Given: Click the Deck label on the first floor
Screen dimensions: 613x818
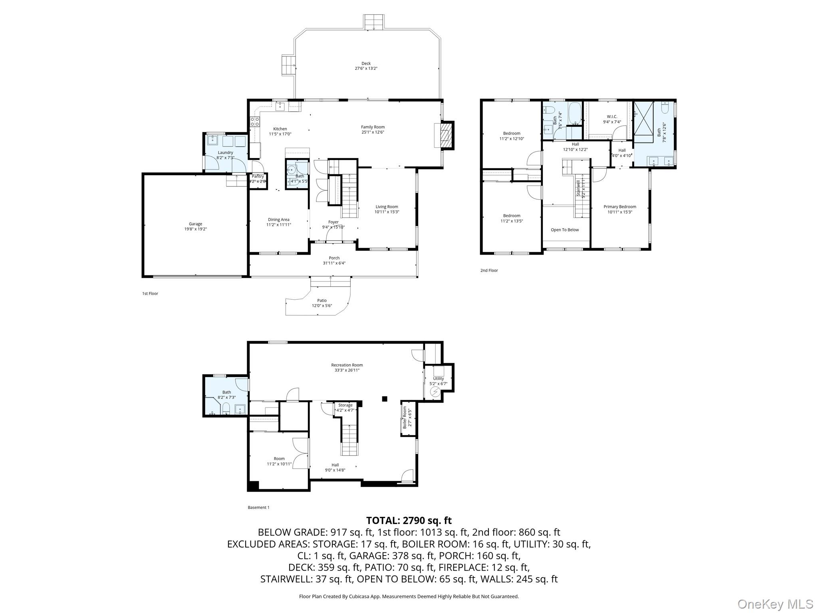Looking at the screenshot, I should [x=366, y=63].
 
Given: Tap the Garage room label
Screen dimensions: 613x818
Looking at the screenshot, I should [x=195, y=224].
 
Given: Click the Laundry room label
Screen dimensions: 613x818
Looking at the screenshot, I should [x=225, y=152].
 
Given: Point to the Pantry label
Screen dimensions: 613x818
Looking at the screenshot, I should [x=258, y=176].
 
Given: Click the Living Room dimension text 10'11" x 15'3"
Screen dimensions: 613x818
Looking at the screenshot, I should [x=387, y=212].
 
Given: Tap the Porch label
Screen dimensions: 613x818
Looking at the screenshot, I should [x=334, y=258].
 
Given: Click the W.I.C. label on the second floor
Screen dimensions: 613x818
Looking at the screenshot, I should [x=612, y=117].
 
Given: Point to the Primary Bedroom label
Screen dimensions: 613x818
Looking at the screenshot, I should [x=619, y=207].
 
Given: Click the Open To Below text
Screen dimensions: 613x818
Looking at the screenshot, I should [x=564, y=230].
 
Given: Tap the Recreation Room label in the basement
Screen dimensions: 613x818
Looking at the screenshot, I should [x=347, y=365].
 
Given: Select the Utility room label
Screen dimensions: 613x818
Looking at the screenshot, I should [x=438, y=378].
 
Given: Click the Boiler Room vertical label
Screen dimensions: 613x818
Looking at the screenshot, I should [x=405, y=417].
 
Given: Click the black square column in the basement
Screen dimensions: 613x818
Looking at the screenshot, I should [x=385, y=398].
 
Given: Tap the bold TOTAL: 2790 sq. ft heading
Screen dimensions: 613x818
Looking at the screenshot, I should [x=409, y=520].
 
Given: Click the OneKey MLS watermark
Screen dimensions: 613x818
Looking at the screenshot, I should [x=775, y=604].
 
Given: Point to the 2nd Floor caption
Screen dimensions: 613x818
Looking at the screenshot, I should [x=489, y=271].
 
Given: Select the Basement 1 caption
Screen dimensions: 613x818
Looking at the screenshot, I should [x=258, y=508].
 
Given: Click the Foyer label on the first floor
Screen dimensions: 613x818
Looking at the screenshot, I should [x=333, y=222].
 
